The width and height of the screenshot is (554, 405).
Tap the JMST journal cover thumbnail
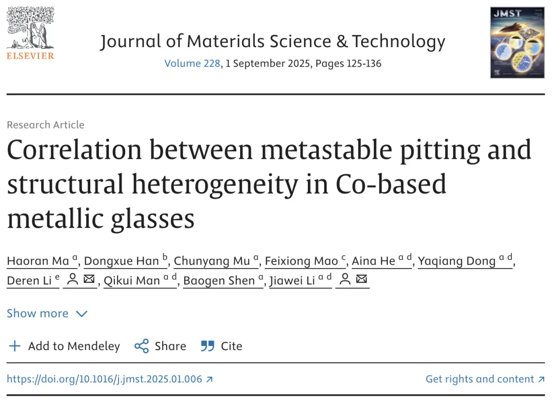click(x=517, y=43)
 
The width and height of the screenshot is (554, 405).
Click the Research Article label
click(x=46, y=125)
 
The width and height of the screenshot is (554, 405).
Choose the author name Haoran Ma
click(x=38, y=261)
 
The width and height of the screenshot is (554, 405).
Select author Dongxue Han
click(x=122, y=261)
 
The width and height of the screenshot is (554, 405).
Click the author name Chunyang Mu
click(x=212, y=261)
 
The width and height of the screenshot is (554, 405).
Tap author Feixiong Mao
click(x=301, y=261)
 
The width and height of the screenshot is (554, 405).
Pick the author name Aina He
click(x=373, y=261)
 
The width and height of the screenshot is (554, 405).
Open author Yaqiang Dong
click(x=457, y=261)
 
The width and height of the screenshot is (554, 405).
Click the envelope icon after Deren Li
click(x=89, y=280)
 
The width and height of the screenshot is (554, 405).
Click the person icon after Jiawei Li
click(x=346, y=280)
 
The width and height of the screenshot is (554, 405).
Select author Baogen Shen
click(x=219, y=280)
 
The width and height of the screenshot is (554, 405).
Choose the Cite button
click(x=221, y=346)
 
